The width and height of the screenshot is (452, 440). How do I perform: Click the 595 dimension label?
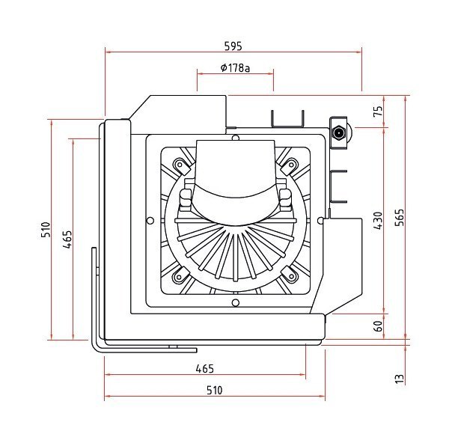click(233, 46)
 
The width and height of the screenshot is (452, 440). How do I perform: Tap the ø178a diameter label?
click(235, 68)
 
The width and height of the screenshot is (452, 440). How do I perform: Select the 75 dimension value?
click(378, 111)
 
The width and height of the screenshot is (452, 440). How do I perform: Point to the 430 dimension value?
click(378, 221)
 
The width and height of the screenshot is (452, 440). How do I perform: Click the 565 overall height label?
click(400, 218)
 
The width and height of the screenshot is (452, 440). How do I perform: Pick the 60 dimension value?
click(378, 326)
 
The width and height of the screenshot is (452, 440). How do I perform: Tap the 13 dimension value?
click(400, 379)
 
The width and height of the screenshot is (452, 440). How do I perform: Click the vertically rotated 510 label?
click(46, 230)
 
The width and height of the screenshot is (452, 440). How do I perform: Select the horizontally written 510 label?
click(215, 390)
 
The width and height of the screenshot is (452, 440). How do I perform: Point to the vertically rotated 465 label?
click(67, 239)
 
